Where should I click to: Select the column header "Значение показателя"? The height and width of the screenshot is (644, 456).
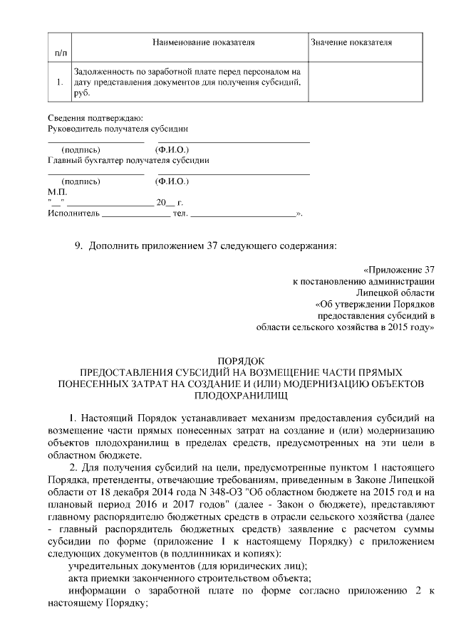351,43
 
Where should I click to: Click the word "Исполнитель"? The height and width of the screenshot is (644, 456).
72,213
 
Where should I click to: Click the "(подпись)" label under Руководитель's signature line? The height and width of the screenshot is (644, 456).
81,150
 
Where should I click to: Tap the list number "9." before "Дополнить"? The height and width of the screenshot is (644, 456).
80,246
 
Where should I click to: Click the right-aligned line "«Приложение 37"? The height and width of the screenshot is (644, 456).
398,270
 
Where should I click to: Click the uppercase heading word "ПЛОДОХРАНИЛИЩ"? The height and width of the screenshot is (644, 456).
241,394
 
